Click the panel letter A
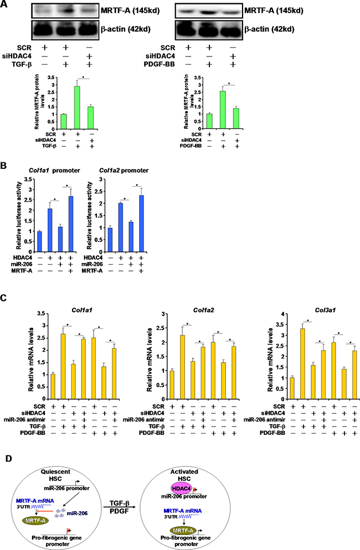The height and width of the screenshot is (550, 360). tap(5, 5)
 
